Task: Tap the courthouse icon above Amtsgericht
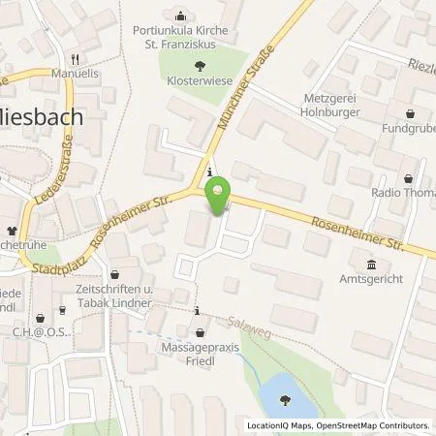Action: point(370,263)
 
